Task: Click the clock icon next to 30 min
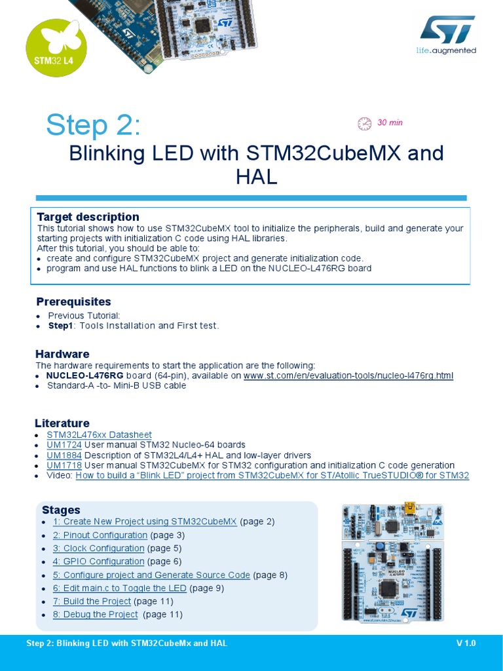[x=363, y=123]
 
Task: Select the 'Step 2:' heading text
[x=93, y=125]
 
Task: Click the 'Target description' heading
[x=88, y=217]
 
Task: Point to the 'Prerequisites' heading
[x=73, y=302]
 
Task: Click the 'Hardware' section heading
[x=62, y=355]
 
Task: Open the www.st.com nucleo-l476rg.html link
[x=348, y=375]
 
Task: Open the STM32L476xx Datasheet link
[x=99, y=434]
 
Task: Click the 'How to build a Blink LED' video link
[x=272, y=476]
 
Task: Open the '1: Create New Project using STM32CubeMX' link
[x=145, y=522]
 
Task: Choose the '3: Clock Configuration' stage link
[x=98, y=548]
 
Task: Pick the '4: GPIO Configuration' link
[x=98, y=562]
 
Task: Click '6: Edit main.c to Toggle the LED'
[x=119, y=588]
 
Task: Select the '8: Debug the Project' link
[x=95, y=615]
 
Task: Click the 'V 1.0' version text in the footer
[x=466, y=643]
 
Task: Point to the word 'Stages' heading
[x=61, y=510]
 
